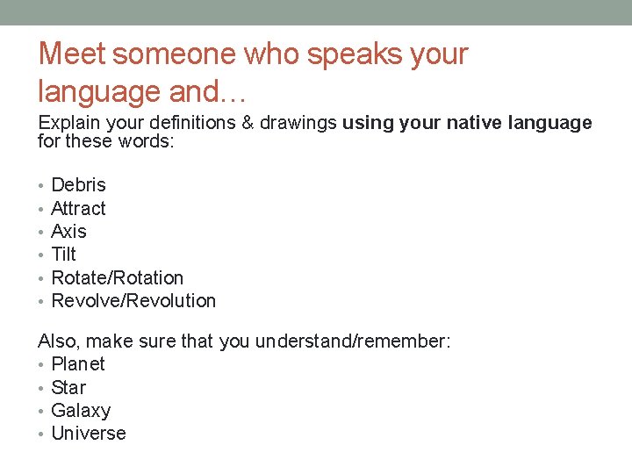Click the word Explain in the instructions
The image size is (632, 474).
click(65, 124)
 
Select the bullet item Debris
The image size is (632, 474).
click(78, 185)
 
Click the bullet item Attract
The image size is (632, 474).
click(78, 209)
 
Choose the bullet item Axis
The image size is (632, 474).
click(69, 232)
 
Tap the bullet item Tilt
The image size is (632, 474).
click(64, 255)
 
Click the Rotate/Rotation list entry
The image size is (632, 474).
click(118, 278)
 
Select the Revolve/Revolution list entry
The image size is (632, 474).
click(133, 301)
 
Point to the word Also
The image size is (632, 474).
click(56, 341)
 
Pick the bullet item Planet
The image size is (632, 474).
click(78, 364)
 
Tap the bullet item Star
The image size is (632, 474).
click(68, 388)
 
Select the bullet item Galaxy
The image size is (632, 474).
click(81, 411)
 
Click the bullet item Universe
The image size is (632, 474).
click(89, 434)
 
